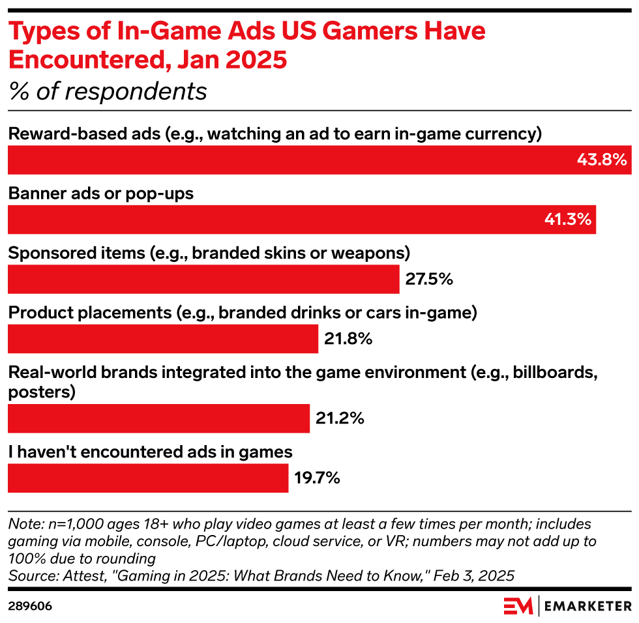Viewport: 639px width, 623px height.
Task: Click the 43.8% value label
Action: pyautogui.click(x=601, y=160)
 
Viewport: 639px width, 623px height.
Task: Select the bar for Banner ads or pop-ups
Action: pyautogui.click(x=302, y=220)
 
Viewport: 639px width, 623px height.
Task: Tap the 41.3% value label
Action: pyautogui.click(x=567, y=220)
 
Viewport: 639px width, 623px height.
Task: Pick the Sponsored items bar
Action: pyautogui.click(x=203, y=279)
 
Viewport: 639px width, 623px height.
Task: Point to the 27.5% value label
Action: pyautogui.click(x=429, y=279)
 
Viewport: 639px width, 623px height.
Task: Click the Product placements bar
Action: pyautogui.click(x=162, y=339)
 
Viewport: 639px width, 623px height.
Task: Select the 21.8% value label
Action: pyautogui.click(x=348, y=339)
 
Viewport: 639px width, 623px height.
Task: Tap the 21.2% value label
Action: pyautogui.click(x=340, y=418)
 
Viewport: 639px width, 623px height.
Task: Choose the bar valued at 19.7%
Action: pyautogui.click(x=147, y=478)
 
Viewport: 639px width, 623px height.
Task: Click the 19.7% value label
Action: pyautogui.click(x=317, y=478)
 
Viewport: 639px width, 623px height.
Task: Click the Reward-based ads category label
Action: pyautogui.click(x=275, y=134)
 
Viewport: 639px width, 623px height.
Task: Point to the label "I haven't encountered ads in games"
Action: pyautogui.click(x=150, y=452)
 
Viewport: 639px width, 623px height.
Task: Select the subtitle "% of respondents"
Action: pyautogui.click(x=108, y=92)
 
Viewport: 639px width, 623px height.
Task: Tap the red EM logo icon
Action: pyautogui.click(x=518, y=605)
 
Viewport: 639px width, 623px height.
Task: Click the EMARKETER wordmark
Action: pyautogui.click(x=587, y=606)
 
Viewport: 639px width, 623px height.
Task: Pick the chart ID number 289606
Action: pyautogui.click(x=30, y=606)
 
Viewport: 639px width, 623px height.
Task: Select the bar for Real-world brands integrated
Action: pyautogui.click(x=158, y=418)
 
